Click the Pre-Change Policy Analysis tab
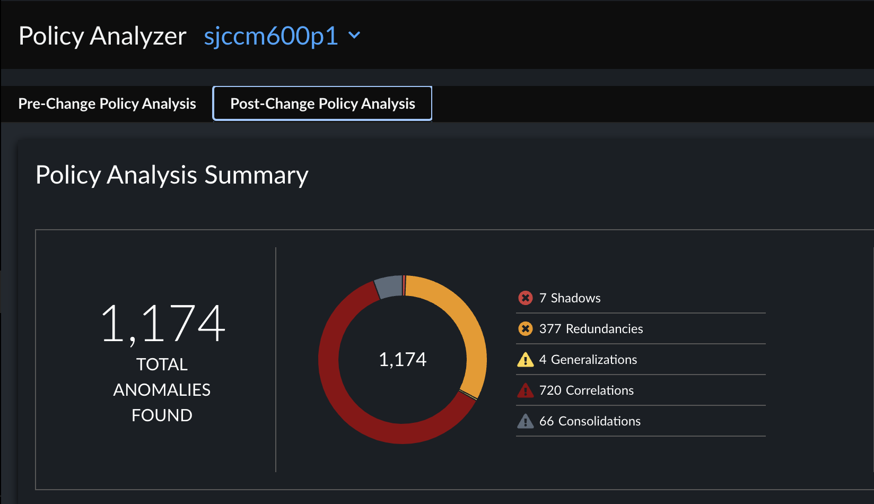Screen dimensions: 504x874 click(107, 103)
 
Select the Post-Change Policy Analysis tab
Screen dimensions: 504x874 click(322, 103)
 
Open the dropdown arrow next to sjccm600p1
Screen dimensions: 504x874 click(354, 36)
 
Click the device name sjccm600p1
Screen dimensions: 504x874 click(270, 36)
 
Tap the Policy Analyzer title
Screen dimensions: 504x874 click(102, 36)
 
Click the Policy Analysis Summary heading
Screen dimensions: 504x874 click(172, 175)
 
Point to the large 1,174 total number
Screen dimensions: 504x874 click(162, 324)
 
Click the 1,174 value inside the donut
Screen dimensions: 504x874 click(403, 360)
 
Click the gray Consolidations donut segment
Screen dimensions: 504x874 click(388, 287)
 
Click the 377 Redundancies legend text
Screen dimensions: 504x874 click(591, 329)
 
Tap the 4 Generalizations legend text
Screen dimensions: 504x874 click(588, 360)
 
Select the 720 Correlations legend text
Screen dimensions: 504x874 click(586, 390)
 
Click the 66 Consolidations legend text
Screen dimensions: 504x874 click(590, 421)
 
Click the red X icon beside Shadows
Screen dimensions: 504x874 click(525, 298)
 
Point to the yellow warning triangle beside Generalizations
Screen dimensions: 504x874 click(525, 360)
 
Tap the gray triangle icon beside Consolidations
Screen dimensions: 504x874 click(525, 422)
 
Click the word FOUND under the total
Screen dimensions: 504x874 click(162, 415)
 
